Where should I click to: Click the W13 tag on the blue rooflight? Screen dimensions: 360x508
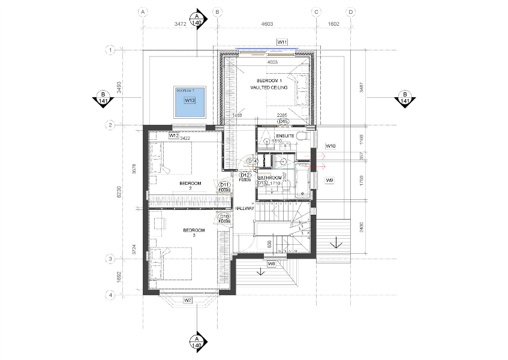tap(190, 100)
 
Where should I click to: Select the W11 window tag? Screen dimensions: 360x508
tap(282, 41)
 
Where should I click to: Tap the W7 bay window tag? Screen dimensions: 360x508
tap(188, 299)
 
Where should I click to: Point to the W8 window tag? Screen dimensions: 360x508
tap(271, 263)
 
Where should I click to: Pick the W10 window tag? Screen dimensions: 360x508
tap(330, 146)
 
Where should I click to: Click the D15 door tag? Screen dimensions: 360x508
tap(283, 122)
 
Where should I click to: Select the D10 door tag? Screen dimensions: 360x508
tap(226, 216)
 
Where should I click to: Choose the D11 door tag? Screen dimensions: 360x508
tap(226, 184)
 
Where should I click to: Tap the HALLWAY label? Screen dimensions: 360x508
tap(245, 208)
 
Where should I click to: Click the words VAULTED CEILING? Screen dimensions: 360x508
tap(269, 88)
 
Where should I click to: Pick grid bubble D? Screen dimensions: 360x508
tap(351, 11)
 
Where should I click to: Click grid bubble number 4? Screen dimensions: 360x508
tap(110, 295)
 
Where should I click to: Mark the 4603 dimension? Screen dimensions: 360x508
tap(267, 23)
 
